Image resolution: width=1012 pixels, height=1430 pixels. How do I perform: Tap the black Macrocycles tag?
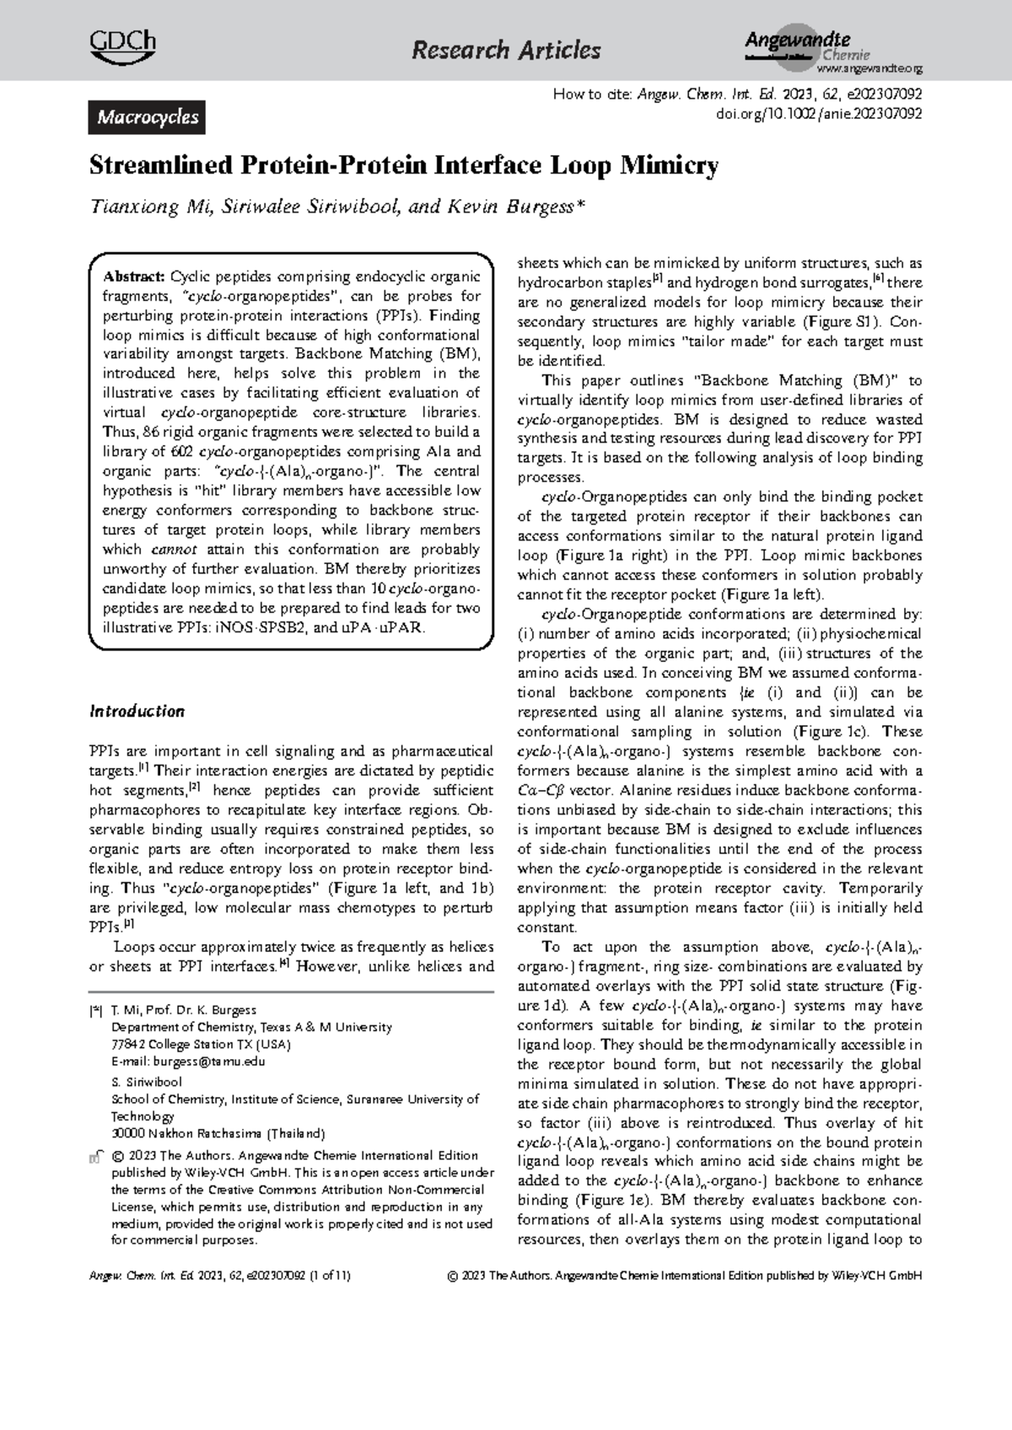pos(148,117)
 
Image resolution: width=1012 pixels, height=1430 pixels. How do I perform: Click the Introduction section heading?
pos(137,711)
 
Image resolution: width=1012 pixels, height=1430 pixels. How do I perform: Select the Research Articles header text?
pos(506,51)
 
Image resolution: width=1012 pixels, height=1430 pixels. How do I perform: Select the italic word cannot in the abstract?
pos(174,550)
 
